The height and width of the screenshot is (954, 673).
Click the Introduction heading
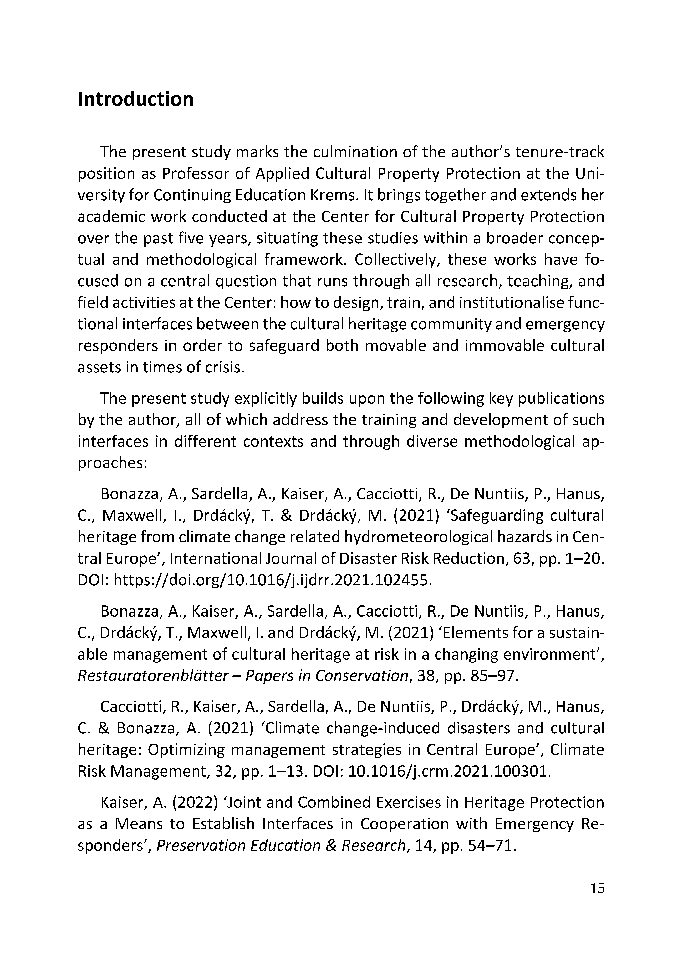(x=136, y=99)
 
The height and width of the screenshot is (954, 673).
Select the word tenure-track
(x=559, y=152)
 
